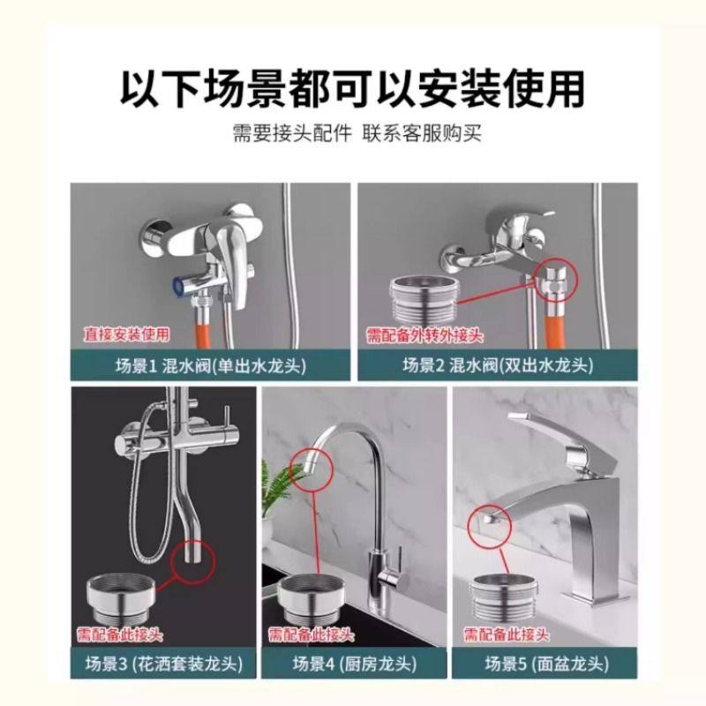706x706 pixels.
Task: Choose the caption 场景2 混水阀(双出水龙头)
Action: coord(497,364)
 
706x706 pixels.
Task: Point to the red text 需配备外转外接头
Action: coord(425,334)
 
